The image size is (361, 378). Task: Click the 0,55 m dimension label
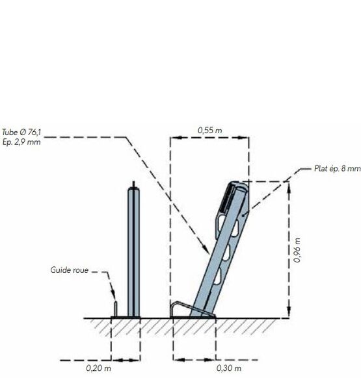pyautogui.click(x=209, y=131)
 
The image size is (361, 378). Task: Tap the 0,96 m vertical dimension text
pyautogui.click(x=297, y=250)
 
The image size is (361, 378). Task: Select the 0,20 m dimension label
pyautogui.click(x=98, y=368)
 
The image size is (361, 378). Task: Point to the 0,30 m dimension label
pyautogui.click(x=229, y=368)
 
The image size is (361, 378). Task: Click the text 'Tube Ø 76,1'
pyautogui.click(x=21, y=132)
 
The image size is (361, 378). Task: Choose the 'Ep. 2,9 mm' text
pyautogui.click(x=21, y=142)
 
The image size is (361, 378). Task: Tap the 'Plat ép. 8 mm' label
pyautogui.click(x=338, y=168)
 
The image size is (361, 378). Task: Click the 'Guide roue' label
pyautogui.click(x=70, y=270)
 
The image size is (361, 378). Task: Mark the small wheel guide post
pyautogui.click(x=116, y=309)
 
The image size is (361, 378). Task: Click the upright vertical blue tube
pyautogui.click(x=133, y=252)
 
